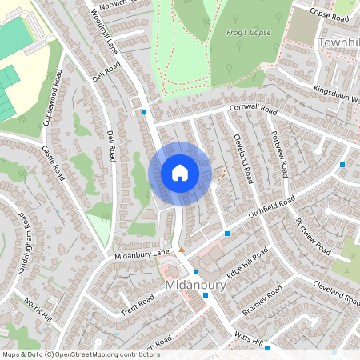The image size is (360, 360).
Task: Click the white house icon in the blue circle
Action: [x=180, y=173]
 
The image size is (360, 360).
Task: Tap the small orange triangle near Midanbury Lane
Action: [x=182, y=251]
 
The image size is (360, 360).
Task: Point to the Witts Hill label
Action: [x=248, y=341]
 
